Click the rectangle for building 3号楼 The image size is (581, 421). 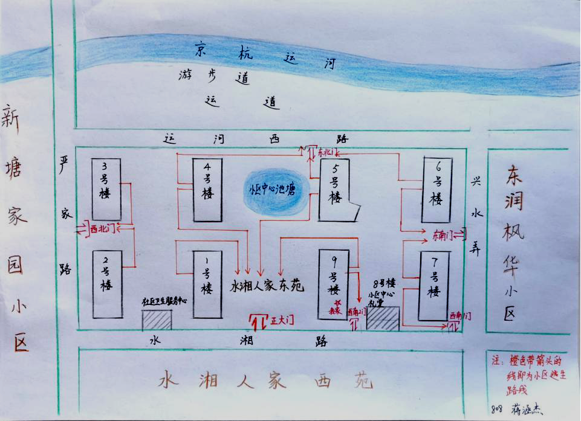tap(106, 188)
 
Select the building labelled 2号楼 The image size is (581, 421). tap(106, 284)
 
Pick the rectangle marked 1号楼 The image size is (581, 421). tap(207, 284)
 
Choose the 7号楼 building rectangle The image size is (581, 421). tap(434, 286)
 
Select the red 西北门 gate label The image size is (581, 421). tap(102, 229)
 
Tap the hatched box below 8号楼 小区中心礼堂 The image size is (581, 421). tap(383, 318)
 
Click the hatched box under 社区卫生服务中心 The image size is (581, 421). tap(157, 320)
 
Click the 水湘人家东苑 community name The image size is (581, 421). tap(267, 287)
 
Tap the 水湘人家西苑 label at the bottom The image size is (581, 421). tap(265, 382)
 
